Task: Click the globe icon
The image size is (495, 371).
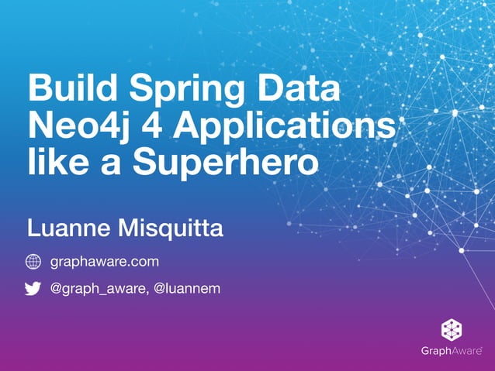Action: pyautogui.click(x=33, y=262)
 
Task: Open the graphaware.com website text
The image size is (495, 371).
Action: pyautogui.click(x=104, y=263)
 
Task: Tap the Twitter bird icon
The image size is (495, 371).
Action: pyautogui.click(x=33, y=289)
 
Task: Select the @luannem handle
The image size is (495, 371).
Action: pyautogui.click(x=186, y=289)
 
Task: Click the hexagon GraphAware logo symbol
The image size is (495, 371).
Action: pyautogui.click(x=451, y=329)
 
